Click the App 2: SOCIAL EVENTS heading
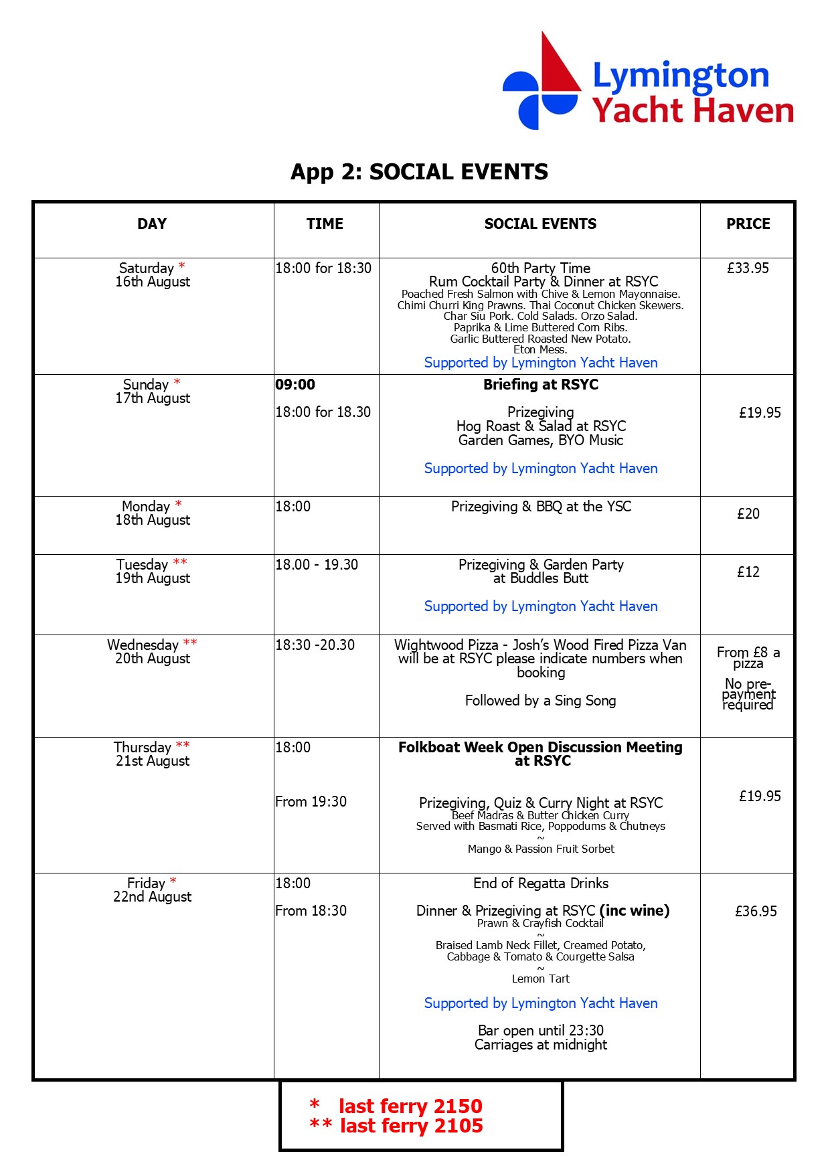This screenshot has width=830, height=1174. pos(419,172)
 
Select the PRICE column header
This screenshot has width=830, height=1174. pos(748,224)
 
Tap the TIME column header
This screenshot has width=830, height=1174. pos(325,224)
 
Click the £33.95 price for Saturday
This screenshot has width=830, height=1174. pos(748,268)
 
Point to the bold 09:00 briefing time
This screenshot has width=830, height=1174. pos(295,385)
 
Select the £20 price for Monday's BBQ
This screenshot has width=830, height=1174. pos(748,514)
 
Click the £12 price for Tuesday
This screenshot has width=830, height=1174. pos(748,572)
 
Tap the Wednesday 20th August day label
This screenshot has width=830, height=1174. pos(153,651)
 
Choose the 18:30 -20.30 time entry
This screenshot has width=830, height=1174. pos(315,645)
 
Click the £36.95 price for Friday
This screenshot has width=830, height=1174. pos(756,911)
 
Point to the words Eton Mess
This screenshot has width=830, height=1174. pos(540,349)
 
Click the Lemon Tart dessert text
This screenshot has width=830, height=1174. pos(540,979)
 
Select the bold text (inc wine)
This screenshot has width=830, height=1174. pos(635,910)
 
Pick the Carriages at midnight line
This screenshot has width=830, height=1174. pos(540,1045)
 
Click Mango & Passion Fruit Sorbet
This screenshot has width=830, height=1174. pos(540,849)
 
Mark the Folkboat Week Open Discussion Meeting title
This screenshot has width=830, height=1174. pos(540,754)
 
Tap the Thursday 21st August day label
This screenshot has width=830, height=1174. pos(153,754)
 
